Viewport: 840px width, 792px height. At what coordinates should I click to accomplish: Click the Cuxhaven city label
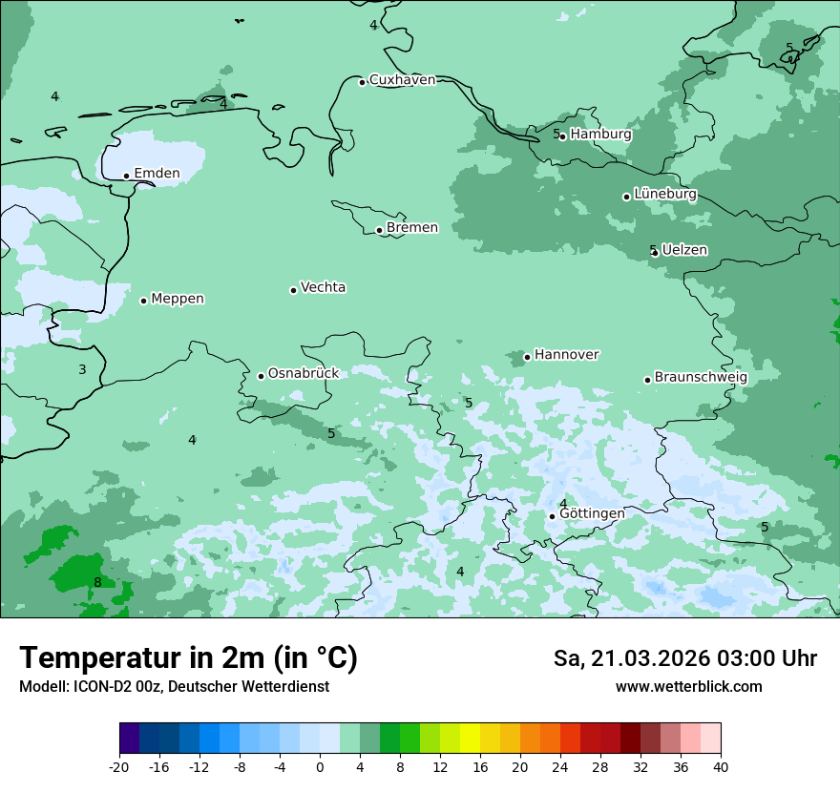[x=402, y=80]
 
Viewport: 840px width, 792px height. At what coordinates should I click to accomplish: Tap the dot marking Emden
[x=126, y=176]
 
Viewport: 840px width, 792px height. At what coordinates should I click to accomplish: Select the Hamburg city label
[x=600, y=135]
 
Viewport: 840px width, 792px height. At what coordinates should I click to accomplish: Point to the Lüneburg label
[x=664, y=195]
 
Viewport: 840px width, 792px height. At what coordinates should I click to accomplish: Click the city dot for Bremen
[x=379, y=230]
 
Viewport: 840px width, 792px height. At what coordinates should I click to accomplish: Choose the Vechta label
[x=323, y=287]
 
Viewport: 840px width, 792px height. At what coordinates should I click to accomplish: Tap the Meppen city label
[x=178, y=299]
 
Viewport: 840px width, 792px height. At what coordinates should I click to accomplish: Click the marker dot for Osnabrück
[x=261, y=376]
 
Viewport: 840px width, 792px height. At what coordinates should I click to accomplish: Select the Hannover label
[x=566, y=355]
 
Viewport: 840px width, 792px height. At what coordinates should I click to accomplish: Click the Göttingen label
[x=592, y=513]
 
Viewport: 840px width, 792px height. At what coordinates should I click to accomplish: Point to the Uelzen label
[x=684, y=250]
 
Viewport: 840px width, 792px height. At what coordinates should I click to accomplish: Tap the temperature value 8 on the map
[x=97, y=582]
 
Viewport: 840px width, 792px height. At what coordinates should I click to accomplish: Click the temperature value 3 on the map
[x=82, y=369]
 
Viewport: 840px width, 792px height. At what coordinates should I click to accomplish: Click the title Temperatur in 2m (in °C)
[x=188, y=658]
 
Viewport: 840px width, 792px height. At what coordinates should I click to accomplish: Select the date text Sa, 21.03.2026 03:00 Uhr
[x=684, y=658]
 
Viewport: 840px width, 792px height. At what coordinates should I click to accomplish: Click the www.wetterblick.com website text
[x=688, y=687]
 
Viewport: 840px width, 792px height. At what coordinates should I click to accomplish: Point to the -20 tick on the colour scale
[x=119, y=766]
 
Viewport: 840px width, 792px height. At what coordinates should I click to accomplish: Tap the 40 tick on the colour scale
[x=721, y=766]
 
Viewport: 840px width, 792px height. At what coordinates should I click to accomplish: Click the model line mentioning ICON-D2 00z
[x=174, y=687]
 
